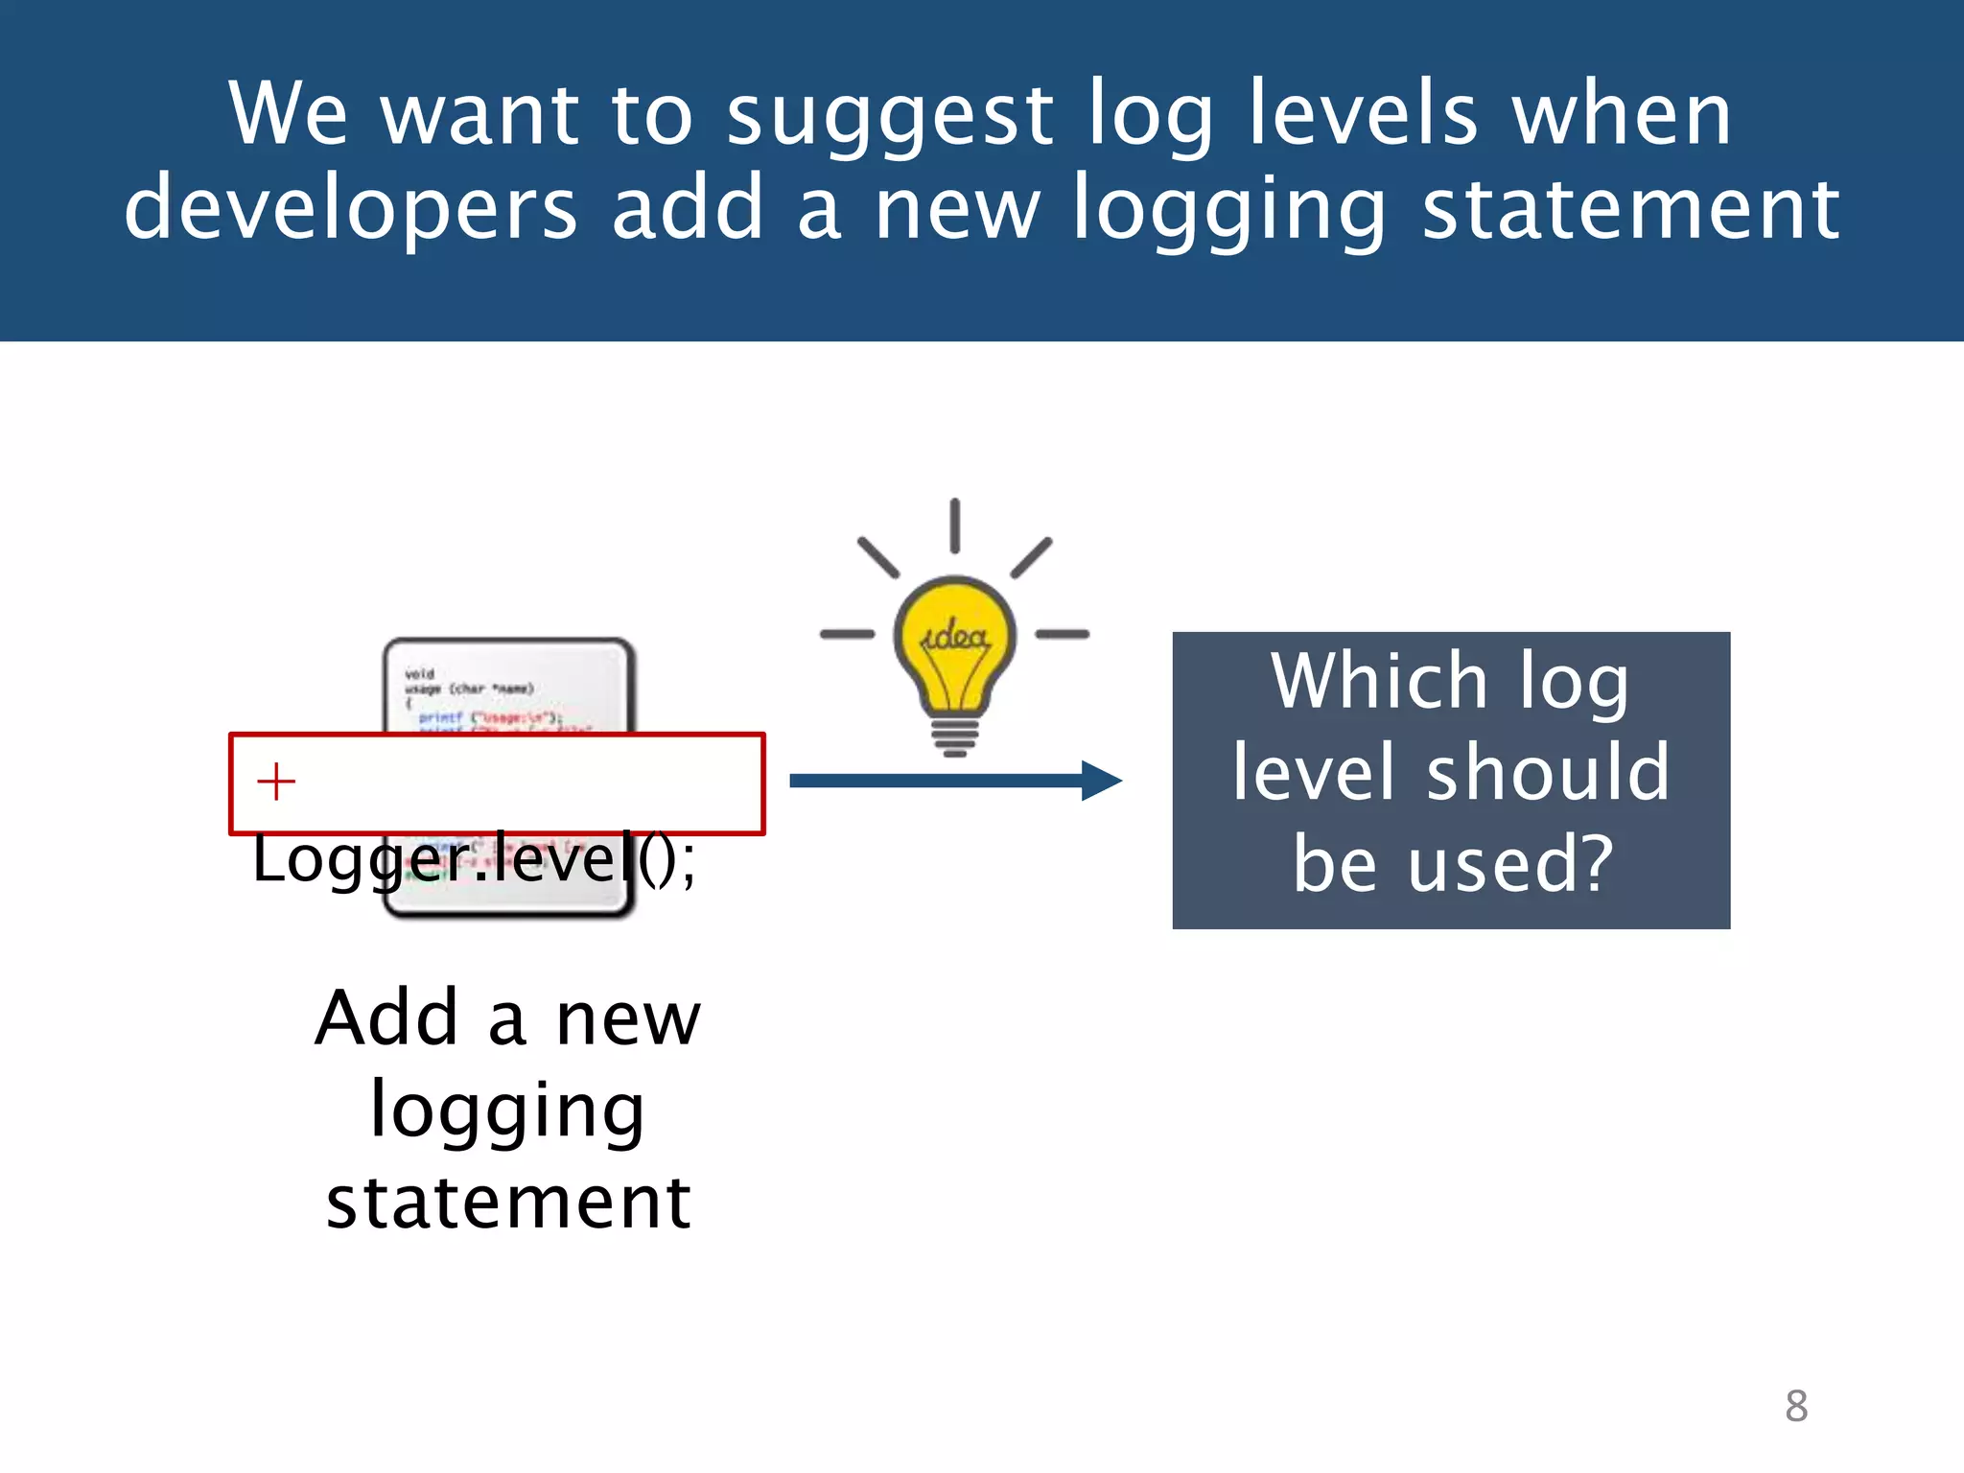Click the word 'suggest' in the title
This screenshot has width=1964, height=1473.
coord(889,117)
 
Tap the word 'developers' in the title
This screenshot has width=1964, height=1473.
coord(351,209)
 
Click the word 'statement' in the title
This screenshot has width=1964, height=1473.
coord(1630,209)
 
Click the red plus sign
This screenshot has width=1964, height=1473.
coord(276,782)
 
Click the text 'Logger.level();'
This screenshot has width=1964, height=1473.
coord(474,858)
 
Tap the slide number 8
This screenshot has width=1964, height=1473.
coord(1796,1406)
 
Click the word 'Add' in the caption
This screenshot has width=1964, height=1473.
coord(387,1018)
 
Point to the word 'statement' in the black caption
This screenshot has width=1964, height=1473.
coord(508,1204)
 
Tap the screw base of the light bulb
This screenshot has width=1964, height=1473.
coord(954,736)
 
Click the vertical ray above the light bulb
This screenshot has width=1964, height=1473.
coord(955,526)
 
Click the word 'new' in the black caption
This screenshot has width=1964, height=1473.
coord(628,1020)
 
